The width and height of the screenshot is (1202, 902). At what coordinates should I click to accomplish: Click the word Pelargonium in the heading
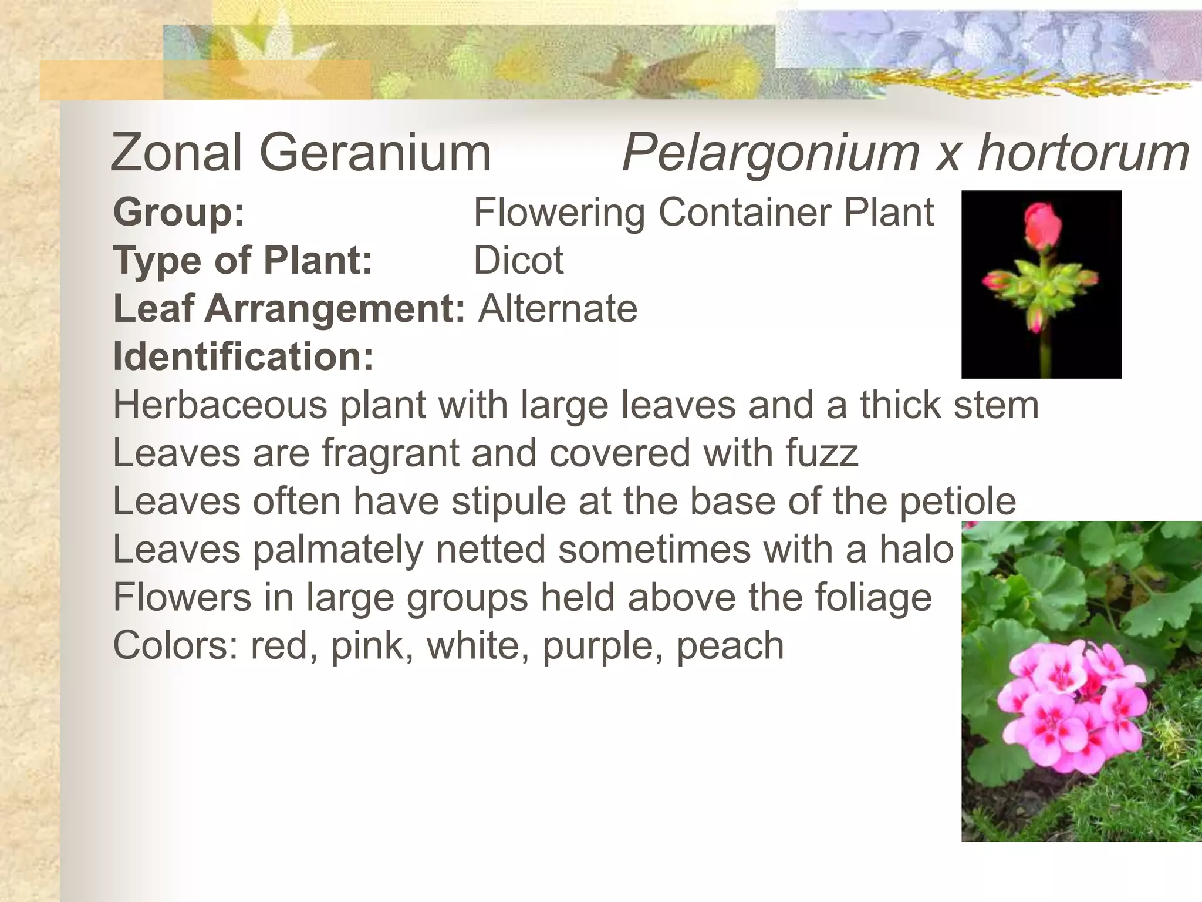pos(770,154)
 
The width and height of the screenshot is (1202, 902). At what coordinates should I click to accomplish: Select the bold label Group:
pos(178,212)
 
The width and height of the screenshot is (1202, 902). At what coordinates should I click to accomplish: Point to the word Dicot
pos(518,260)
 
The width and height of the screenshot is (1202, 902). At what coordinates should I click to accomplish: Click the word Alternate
pos(558,308)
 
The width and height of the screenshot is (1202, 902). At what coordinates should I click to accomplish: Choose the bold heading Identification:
pos(243,356)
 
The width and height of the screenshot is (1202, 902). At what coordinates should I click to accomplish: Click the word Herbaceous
pos(220,405)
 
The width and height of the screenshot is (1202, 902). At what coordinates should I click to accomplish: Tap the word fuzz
pos(822,453)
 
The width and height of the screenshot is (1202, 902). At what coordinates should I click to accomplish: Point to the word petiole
pos(957,502)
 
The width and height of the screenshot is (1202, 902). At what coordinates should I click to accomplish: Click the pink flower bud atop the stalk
pos(1043,225)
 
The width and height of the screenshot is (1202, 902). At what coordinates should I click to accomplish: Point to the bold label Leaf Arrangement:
pos(289,308)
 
